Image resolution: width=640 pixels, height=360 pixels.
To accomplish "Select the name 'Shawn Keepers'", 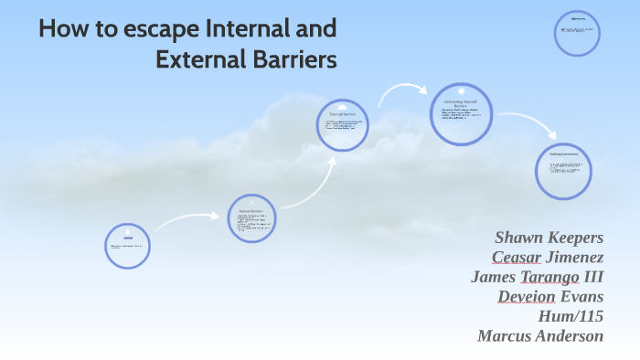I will pyautogui.click(x=549, y=237).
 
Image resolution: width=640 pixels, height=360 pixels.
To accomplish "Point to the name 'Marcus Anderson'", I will pyautogui.click(x=540, y=335).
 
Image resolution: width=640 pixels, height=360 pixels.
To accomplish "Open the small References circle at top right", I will pyautogui.click(x=578, y=34).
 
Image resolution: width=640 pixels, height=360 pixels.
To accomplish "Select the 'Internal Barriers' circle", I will pyautogui.click(x=251, y=218).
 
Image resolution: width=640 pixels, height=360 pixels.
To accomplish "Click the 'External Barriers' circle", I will pyautogui.click(x=342, y=125).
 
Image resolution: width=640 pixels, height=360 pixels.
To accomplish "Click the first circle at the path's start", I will pyautogui.click(x=128, y=245).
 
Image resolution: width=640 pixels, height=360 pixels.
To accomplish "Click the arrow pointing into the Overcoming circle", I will pyautogui.click(x=402, y=90).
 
